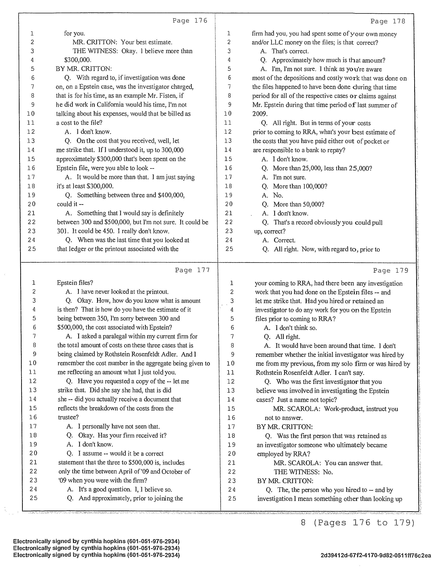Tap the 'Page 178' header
pos(388,21)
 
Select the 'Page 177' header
pos(192,270)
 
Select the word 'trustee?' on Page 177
pos(68,417)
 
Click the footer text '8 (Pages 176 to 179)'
pos(358,522)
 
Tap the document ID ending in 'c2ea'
pos(376,555)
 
